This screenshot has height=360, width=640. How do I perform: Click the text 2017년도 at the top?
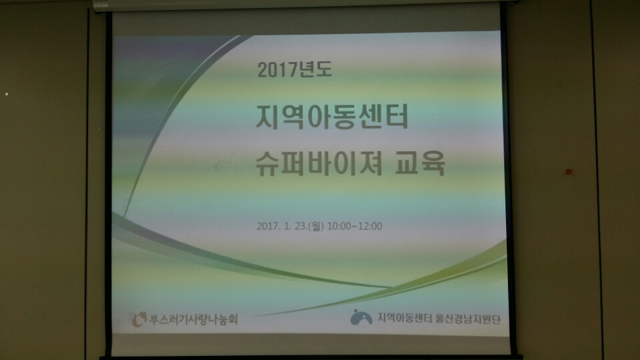[294, 69]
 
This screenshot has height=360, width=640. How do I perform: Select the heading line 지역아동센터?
[332, 117]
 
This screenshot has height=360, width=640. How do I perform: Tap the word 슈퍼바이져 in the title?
[319, 163]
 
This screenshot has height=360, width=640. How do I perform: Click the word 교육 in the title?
[419, 163]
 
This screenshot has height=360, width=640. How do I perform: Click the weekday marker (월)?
[316, 226]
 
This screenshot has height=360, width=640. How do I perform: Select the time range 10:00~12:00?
[354, 226]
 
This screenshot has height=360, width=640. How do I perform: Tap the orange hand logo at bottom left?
[139, 319]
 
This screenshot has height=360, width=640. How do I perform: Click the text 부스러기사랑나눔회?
[193, 319]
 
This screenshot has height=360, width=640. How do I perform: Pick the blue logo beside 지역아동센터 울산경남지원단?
[361, 317]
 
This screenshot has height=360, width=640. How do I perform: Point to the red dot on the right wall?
[569, 171]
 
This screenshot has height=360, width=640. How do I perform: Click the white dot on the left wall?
[7, 94]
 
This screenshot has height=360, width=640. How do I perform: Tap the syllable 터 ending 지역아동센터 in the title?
[396, 117]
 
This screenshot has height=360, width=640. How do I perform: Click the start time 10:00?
[339, 226]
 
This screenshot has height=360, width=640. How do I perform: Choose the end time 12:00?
[370, 226]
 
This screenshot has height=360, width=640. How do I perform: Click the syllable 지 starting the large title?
[268, 117]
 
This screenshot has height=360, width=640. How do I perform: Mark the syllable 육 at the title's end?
[433, 163]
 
